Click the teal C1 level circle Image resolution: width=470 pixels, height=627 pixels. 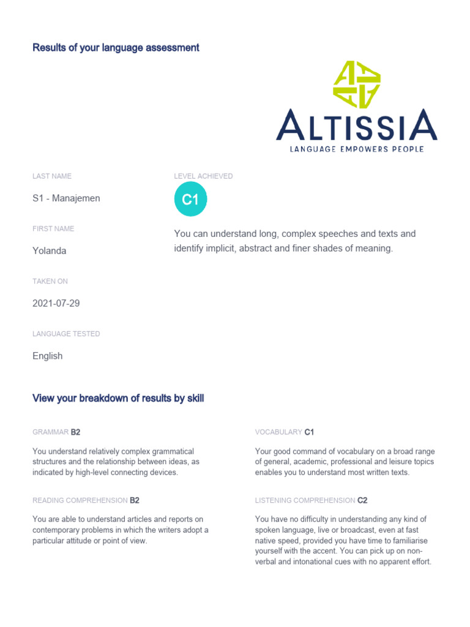pos(191,200)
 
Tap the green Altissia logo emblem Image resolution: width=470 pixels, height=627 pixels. pos(357,84)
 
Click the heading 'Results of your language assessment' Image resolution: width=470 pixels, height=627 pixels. pos(116,48)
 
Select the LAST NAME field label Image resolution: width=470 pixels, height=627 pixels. pos(52,176)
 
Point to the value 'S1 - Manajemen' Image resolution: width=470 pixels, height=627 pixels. pos(66,198)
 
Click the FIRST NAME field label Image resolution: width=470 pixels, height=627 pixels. pos(53,229)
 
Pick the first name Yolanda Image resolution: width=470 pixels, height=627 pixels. pos(50,251)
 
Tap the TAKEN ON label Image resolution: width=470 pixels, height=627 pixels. pos(50,282)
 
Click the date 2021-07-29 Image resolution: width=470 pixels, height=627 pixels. pos(56,304)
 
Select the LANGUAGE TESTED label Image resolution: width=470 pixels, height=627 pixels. pos(66,334)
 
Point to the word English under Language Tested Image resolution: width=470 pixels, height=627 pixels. pos(48,356)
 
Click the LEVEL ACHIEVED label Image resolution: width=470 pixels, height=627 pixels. pos(203,176)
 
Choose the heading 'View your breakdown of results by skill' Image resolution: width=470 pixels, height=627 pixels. pos(118,399)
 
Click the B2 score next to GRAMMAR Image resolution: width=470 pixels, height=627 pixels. pos(76,432)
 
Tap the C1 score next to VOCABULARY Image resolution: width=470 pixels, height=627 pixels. pos(309,432)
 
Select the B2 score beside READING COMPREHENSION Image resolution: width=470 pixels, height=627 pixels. pos(135,501)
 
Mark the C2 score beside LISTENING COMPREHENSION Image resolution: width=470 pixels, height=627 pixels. pos(362,501)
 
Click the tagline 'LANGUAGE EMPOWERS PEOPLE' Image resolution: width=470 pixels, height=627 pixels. pos(357,149)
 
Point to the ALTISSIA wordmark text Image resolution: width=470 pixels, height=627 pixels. pos(357,126)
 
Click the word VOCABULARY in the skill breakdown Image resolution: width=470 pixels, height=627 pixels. pos(278,432)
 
